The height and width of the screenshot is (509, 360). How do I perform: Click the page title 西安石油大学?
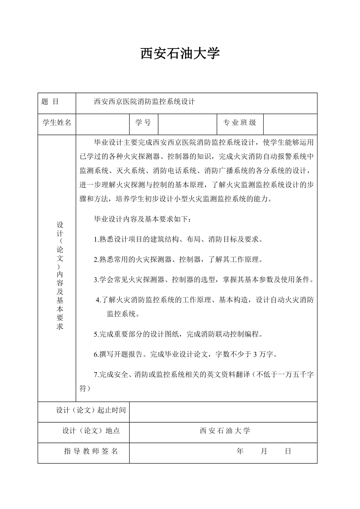point(180,54)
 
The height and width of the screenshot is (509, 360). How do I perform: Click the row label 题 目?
point(50,102)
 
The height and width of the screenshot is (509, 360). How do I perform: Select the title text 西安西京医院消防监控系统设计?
point(144,102)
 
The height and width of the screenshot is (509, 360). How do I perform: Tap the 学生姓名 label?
point(57,123)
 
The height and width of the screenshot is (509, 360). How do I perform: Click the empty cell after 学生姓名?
point(103,124)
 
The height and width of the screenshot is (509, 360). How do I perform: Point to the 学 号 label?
point(143,123)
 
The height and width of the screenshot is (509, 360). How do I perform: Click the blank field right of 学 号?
point(187,124)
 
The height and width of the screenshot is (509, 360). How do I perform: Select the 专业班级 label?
point(239,123)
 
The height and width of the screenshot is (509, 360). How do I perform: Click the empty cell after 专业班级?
point(290,124)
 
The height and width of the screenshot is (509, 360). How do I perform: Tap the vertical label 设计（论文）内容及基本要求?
point(60,275)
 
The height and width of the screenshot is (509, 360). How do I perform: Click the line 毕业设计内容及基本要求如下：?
point(143,219)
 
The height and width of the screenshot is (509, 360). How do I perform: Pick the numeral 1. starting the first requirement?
point(96,240)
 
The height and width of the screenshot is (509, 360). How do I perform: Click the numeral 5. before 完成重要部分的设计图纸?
point(96,334)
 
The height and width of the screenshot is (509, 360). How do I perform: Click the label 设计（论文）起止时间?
point(91,410)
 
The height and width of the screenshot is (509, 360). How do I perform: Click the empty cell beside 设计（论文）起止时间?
point(223,412)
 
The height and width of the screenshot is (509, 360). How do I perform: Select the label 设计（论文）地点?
point(91,431)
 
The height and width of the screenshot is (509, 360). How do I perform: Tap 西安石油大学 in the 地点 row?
point(225,431)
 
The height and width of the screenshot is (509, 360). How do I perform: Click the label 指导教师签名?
point(91,451)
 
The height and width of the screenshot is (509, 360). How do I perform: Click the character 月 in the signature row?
point(264,451)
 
